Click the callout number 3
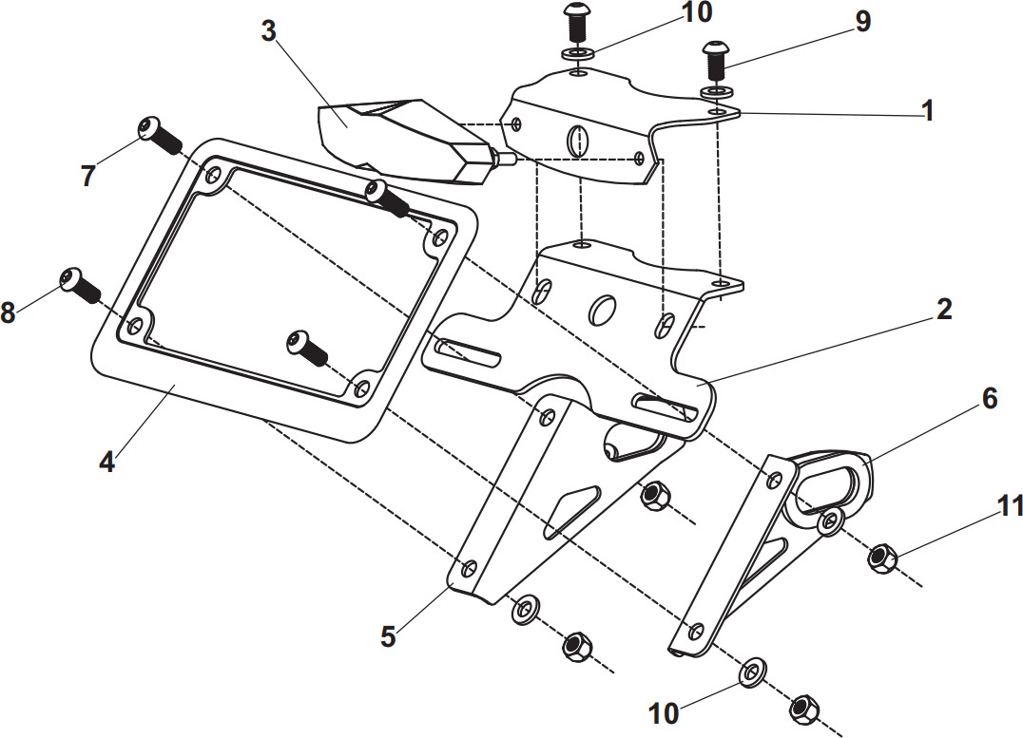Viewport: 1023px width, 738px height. tap(268, 30)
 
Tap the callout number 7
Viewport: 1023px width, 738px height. tap(87, 176)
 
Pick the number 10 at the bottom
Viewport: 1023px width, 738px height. tap(664, 712)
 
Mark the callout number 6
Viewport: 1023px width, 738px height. tap(989, 399)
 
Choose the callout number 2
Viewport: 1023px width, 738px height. tap(943, 309)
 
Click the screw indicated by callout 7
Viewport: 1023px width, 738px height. tap(159, 135)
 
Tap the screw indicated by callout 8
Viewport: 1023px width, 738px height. tap(79, 283)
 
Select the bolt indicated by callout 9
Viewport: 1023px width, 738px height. tap(714, 62)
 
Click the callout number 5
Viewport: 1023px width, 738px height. tap(387, 635)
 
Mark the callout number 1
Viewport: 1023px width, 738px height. tap(927, 111)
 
